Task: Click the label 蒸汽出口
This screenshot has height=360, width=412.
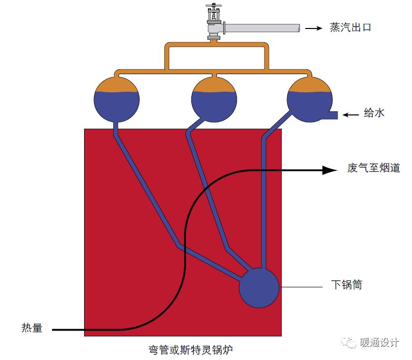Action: pyautogui.click(x=350, y=28)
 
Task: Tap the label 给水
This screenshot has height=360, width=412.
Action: pyautogui.click(x=374, y=113)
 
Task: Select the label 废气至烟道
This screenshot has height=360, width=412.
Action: pyautogui.click(x=374, y=168)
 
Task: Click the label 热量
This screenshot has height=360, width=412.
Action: pyautogui.click(x=32, y=329)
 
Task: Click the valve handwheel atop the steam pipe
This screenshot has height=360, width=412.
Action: pyautogui.click(x=213, y=8)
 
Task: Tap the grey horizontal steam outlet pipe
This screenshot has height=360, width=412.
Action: pyautogui.click(x=263, y=28)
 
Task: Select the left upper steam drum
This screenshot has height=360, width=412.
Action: pyautogui.click(x=117, y=99)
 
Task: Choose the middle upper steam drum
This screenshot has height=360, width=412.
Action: pyautogui.click(x=214, y=99)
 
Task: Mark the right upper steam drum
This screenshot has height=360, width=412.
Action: pyautogui.click(x=310, y=99)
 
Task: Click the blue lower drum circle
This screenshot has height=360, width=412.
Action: pyautogui.click(x=259, y=287)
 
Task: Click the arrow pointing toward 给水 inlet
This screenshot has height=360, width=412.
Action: pyautogui.click(x=351, y=115)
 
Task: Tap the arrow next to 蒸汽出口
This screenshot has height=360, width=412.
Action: pyautogui.click(x=314, y=28)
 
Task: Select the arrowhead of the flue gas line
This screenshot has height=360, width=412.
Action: pyautogui.click(x=329, y=170)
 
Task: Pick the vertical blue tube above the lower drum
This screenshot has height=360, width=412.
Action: pyautogui.click(x=264, y=206)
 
